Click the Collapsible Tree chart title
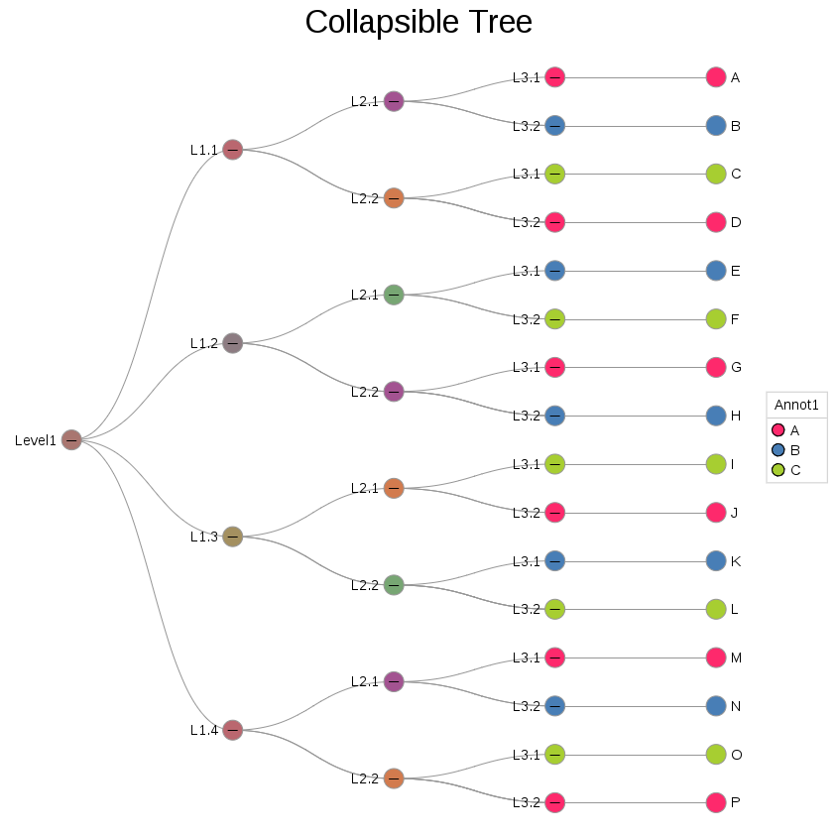click(x=418, y=23)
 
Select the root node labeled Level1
click(x=71, y=439)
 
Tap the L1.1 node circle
click(x=232, y=150)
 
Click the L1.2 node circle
click(x=232, y=343)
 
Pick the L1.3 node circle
click(x=232, y=537)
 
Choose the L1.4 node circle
click(x=232, y=730)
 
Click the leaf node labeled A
click(x=716, y=77)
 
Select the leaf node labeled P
click(x=716, y=802)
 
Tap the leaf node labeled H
click(x=716, y=416)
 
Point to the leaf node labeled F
click(x=716, y=319)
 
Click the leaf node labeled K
click(x=716, y=561)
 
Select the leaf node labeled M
click(x=716, y=658)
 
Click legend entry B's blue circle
click(x=778, y=450)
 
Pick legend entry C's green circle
click(x=778, y=470)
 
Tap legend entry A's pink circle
click(x=778, y=430)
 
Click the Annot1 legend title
click(x=796, y=405)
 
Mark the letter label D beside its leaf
click(x=736, y=222)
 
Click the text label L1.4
click(x=204, y=730)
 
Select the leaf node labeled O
click(x=716, y=755)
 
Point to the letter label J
click(x=735, y=513)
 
